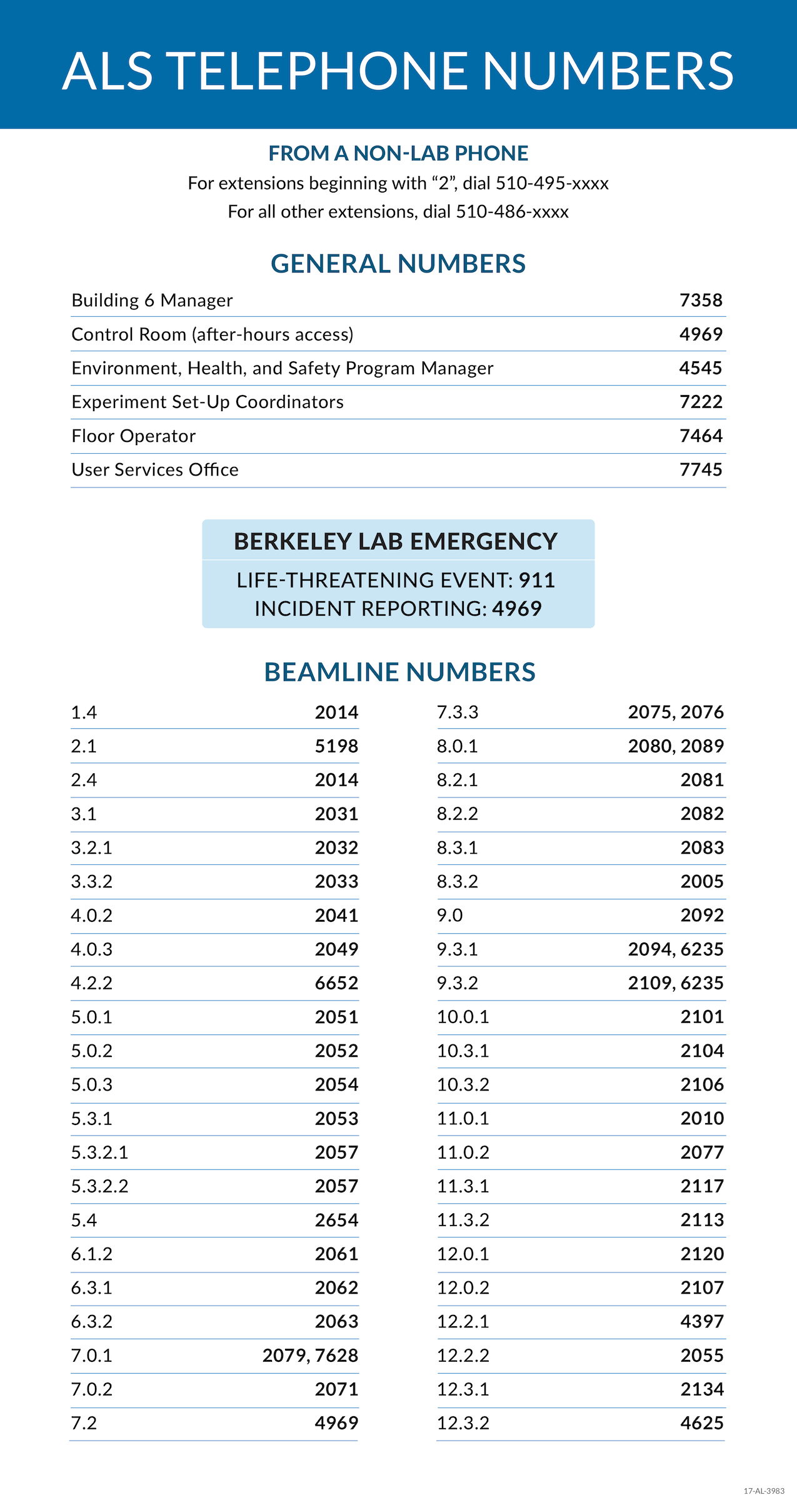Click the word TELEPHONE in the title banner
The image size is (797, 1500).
319,71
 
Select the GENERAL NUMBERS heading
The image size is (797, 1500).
398,264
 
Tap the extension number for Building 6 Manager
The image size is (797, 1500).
701,301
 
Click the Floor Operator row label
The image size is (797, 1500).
134,436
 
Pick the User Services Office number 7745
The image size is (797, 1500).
701,470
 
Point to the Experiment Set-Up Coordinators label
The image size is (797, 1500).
208,402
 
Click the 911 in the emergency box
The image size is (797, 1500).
537,580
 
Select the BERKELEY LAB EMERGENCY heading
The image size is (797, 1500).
396,541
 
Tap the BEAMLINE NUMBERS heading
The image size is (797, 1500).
399,672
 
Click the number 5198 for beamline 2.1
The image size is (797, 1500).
336,746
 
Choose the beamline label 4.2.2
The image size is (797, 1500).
92,983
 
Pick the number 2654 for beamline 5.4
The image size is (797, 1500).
336,1220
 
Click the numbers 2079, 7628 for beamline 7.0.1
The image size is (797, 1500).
310,1356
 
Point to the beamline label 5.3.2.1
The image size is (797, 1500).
100,1152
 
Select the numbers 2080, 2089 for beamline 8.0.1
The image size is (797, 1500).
676,746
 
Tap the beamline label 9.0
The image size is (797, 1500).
450,916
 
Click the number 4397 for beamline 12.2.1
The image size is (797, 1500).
702,1322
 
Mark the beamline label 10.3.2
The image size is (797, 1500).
463,1085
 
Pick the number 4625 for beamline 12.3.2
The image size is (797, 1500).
702,1423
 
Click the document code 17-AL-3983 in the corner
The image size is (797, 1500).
764,1491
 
